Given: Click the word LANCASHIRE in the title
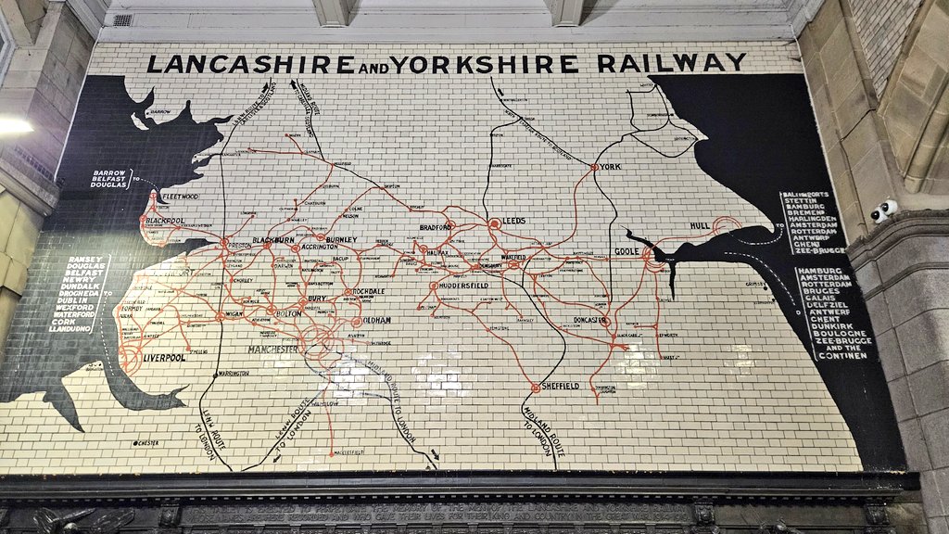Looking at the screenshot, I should [250, 64].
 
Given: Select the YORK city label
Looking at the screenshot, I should [610, 167].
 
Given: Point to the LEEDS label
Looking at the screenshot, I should [513, 222].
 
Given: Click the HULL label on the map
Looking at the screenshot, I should [701, 226].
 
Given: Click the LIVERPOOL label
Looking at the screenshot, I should [164, 357].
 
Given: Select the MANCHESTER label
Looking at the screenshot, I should [273, 350].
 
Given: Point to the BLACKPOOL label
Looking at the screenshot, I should [165, 222].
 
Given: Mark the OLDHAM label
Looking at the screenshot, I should [377, 321].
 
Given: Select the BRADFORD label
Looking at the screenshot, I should [436, 226].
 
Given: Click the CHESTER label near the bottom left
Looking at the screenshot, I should [147, 443].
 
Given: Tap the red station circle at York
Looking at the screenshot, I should [593, 168].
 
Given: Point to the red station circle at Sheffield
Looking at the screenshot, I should [536, 387].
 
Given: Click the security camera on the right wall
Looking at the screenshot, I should [882, 210].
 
